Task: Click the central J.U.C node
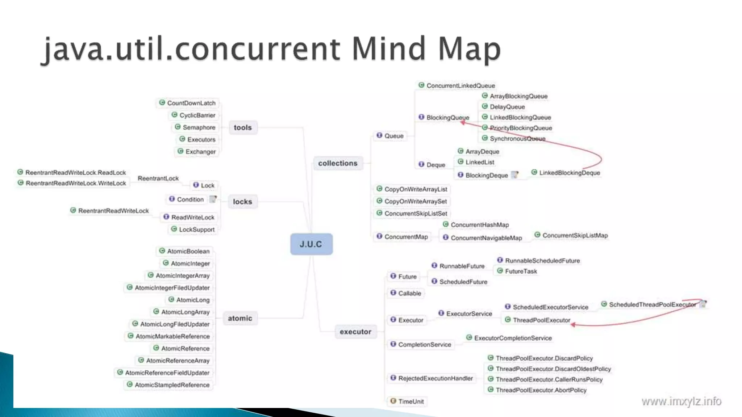coord(311,244)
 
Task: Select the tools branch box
coord(243,127)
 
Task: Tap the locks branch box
coord(242,202)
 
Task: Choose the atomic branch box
coord(240,318)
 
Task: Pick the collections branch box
coord(338,163)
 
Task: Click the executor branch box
coord(355,332)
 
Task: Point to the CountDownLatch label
coord(191,103)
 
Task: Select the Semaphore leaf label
coord(199,127)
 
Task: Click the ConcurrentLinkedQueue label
coord(460,86)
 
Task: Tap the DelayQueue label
coord(507,107)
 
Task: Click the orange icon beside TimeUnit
coord(393,401)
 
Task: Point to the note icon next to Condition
coord(213,199)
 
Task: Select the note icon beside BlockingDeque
coord(514,175)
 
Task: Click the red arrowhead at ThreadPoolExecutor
coord(573,325)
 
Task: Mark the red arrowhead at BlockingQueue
coord(463,123)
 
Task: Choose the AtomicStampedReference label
coord(172,385)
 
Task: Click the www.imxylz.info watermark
coord(681,401)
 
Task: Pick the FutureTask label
coord(521,271)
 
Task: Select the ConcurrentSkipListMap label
coord(575,235)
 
